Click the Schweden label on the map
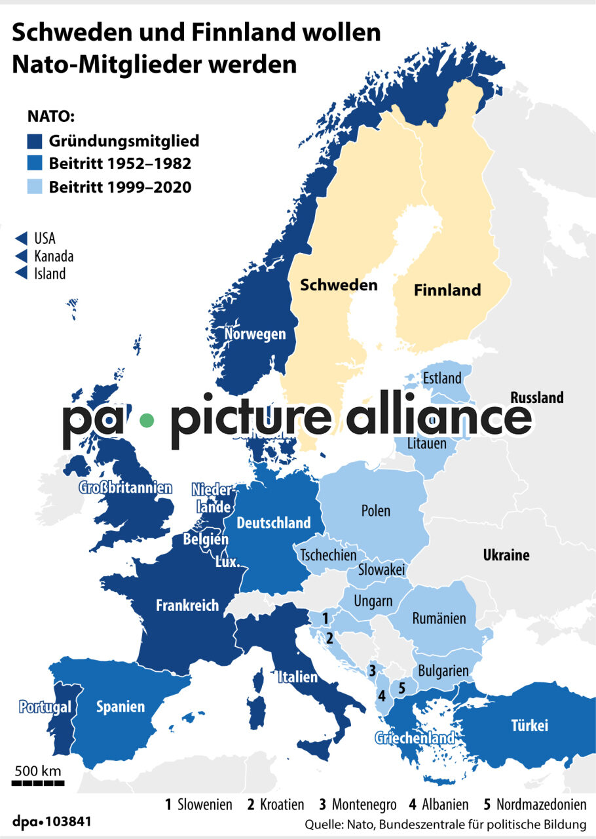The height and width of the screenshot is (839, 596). click(339, 285)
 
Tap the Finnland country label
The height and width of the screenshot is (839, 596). click(448, 290)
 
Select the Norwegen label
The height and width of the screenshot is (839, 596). click(255, 334)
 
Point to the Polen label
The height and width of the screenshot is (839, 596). click(375, 511)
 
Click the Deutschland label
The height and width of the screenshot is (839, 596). click(273, 523)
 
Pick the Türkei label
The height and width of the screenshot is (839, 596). click(529, 726)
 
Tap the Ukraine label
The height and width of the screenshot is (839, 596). click(506, 555)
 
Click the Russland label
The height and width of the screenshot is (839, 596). click(536, 398)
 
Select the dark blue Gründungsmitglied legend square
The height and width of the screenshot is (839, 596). click(35, 141)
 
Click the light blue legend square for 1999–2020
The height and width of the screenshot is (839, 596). click(35, 187)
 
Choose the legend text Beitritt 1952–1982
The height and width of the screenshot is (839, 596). click(120, 164)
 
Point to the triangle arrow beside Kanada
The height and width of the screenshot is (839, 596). click(21, 256)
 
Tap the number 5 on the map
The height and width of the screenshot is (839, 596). click(402, 687)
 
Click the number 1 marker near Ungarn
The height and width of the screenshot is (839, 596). click(326, 617)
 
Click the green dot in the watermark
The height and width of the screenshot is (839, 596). click(147, 419)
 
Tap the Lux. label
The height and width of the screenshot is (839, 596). click(228, 563)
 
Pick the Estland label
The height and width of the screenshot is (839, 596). click(442, 378)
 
